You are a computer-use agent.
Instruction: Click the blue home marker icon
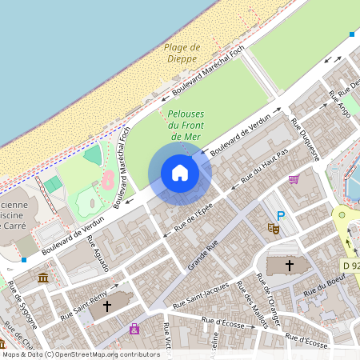point(180,173)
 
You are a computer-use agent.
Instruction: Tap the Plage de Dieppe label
point(182,53)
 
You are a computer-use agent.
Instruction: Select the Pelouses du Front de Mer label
point(185,126)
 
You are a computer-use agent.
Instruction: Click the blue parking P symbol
point(280,215)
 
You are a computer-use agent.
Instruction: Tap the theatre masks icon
point(273,229)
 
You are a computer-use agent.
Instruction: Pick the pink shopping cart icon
point(294,179)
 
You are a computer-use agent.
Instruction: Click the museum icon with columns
point(42,278)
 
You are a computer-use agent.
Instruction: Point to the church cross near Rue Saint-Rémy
point(106,306)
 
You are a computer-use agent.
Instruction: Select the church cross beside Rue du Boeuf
point(290,265)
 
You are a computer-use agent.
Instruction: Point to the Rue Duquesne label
point(305,140)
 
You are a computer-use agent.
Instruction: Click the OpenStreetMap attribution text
point(81,354)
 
